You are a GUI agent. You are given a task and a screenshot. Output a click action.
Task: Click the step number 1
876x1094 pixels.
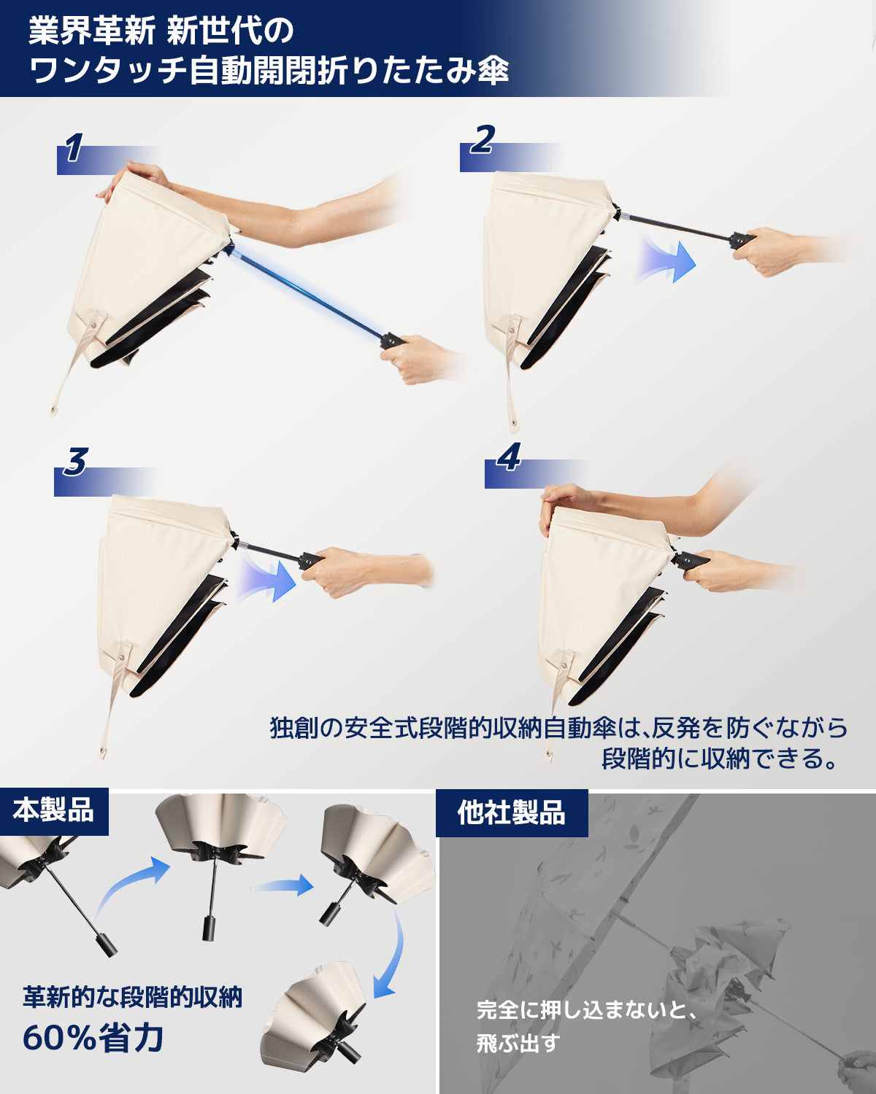pyautogui.click(x=73, y=149)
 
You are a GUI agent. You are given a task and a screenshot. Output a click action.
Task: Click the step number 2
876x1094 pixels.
pyautogui.click(x=482, y=140)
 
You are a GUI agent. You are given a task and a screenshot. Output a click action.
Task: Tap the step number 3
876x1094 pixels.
pyautogui.click(x=74, y=462)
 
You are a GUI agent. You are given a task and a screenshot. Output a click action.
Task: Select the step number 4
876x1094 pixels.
pyautogui.click(x=508, y=458)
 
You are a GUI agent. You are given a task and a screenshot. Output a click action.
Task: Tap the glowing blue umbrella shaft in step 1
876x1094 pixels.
pyautogui.click(x=307, y=292)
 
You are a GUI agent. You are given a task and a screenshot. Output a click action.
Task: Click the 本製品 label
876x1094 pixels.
pyautogui.click(x=53, y=810)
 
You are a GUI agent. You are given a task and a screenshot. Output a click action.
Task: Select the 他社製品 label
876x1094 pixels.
pyautogui.click(x=511, y=812)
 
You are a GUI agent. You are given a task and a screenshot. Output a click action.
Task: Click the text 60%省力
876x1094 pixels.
pyautogui.click(x=93, y=1038)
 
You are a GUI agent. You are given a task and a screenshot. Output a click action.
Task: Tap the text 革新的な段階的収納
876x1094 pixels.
pyautogui.click(x=132, y=996)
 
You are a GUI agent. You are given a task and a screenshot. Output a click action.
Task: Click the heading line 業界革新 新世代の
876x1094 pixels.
pyautogui.click(x=161, y=31)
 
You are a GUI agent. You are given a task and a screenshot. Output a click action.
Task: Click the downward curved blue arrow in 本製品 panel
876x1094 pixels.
pyautogui.click(x=391, y=955)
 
